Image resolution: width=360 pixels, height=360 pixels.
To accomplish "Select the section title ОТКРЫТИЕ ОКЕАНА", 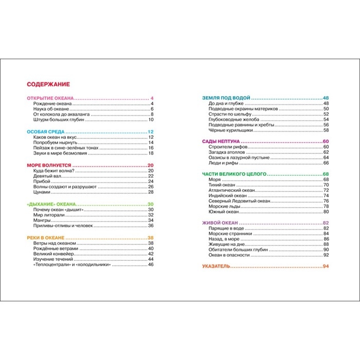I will click(x=50, y=98).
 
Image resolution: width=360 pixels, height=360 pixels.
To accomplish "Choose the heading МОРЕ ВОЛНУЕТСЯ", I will click(x=48, y=165).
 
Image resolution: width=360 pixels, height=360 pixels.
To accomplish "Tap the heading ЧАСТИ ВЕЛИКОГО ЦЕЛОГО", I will click(x=234, y=174).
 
